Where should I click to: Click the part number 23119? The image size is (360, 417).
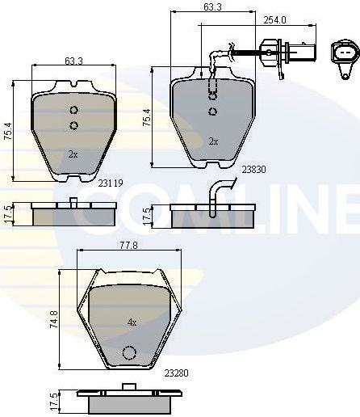(110, 183)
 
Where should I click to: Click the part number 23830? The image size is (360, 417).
(253, 170)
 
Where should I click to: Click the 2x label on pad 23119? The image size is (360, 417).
(73, 154)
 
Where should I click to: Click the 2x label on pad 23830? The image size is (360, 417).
(213, 141)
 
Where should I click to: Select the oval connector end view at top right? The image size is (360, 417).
(344, 54)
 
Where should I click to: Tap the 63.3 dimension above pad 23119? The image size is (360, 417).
(73, 61)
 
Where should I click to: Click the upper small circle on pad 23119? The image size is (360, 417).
(73, 111)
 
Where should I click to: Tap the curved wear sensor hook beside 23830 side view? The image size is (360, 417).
(219, 192)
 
